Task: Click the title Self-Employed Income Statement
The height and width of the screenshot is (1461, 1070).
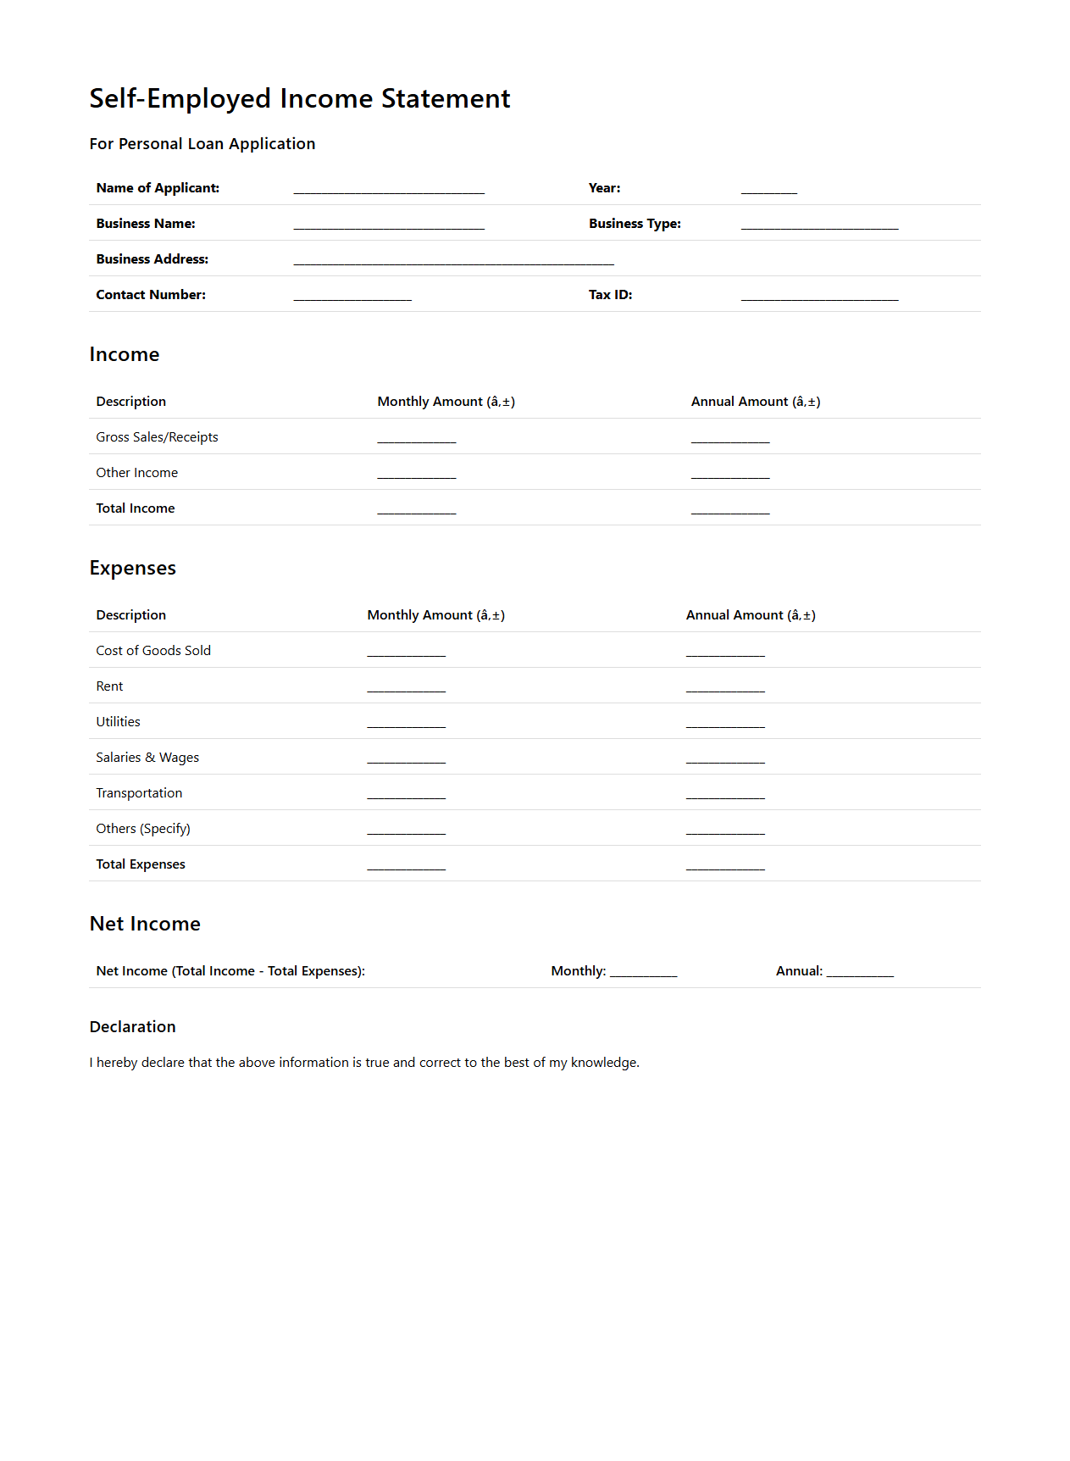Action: tap(300, 98)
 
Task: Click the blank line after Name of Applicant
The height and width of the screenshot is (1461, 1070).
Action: tap(389, 189)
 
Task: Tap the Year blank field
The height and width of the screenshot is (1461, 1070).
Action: tap(768, 189)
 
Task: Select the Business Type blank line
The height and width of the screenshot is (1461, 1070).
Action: tap(819, 225)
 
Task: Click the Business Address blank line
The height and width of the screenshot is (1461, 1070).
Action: tap(453, 260)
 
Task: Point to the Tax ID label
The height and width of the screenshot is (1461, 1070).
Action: tap(610, 295)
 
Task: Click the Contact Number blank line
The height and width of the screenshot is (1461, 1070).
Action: tap(352, 296)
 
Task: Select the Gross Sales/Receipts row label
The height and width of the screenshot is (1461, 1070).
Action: tap(157, 437)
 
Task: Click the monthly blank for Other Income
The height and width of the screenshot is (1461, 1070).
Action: tap(416, 474)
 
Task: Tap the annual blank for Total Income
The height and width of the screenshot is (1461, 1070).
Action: tap(730, 509)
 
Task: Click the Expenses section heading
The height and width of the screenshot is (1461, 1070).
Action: tap(133, 568)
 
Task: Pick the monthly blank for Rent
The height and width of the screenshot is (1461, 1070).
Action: tap(406, 687)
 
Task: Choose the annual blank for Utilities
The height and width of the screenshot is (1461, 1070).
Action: tap(725, 723)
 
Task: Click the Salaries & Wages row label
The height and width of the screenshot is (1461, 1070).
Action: tap(147, 758)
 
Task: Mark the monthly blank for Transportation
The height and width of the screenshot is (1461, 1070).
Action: tap(406, 794)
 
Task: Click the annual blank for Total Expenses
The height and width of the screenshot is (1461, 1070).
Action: tap(725, 865)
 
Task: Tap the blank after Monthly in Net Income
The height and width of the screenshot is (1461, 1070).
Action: tap(643, 972)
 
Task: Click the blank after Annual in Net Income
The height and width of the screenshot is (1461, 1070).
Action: tap(860, 972)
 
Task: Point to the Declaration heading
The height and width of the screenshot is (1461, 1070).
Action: tap(133, 1027)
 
